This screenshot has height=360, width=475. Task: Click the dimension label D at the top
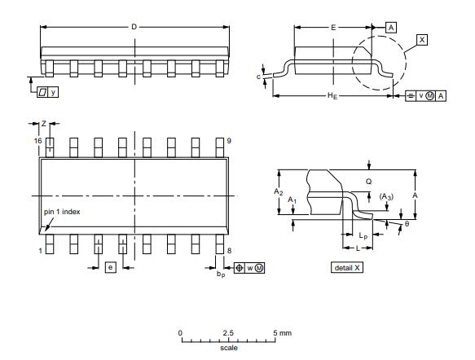pyautogui.click(x=134, y=27)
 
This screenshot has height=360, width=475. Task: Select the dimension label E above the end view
pyautogui.click(x=333, y=28)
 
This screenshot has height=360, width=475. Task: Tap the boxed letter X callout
pyautogui.click(x=422, y=40)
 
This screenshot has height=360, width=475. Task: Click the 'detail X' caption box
pyautogui.click(x=347, y=268)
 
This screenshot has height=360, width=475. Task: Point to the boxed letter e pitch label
pyautogui.click(x=111, y=267)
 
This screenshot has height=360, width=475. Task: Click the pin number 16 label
pyautogui.click(x=37, y=141)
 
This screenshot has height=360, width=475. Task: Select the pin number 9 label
pyautogui.click(x=229, y=141)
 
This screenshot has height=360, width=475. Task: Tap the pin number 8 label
pyautogui.click(x=229, y=251)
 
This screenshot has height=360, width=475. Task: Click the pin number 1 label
pyautogui.click(x=40, y=251)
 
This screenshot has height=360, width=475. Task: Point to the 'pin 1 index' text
pyautogui.click(x=62, y=212)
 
